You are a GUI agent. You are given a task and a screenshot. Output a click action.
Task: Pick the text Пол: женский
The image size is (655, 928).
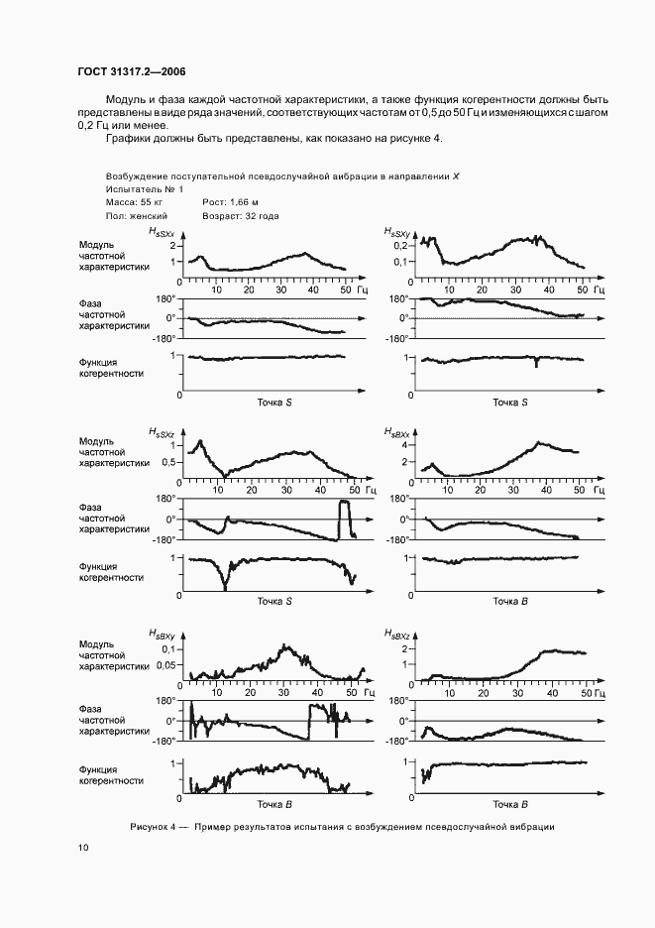[136, 215]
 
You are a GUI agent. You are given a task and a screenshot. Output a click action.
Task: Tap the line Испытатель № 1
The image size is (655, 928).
[144, 188]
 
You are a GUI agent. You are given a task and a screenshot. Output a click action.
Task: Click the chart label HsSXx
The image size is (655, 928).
[161, 231]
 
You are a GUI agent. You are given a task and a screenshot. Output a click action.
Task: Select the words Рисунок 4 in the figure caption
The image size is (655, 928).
[152, 826]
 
